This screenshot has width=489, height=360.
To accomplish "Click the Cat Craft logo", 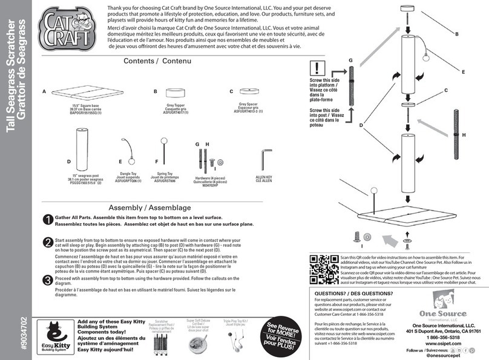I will tap(63, 27).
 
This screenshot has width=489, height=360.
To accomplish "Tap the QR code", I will tap(324, 270).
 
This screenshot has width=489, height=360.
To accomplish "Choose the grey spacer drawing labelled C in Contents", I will tap(248, 91).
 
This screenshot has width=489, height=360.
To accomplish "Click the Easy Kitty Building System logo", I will tap(53, 335).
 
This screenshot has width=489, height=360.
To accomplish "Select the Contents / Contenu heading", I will tap(157, 62).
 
